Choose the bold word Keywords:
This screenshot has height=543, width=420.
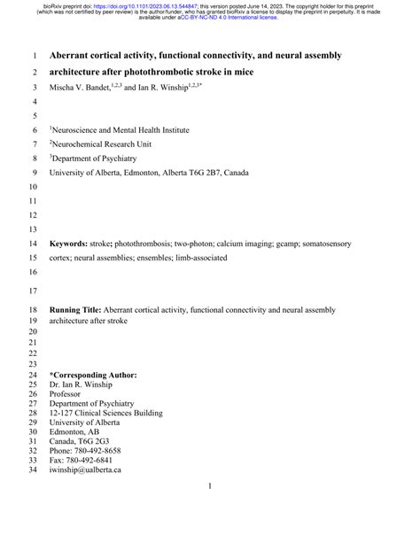point(74,243)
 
